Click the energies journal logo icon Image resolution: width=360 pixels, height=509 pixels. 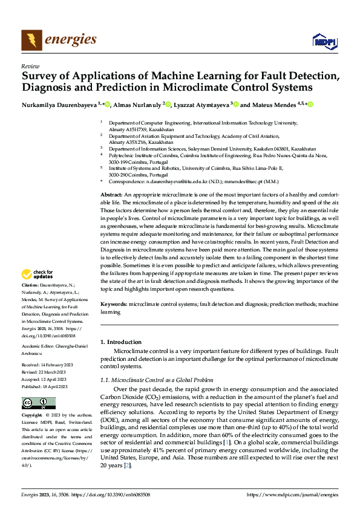31,40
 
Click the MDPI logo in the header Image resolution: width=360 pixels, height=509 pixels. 324,41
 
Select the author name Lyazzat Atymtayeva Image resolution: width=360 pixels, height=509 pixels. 201,105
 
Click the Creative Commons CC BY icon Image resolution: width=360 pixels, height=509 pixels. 38,403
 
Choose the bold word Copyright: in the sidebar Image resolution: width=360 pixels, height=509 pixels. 33,416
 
